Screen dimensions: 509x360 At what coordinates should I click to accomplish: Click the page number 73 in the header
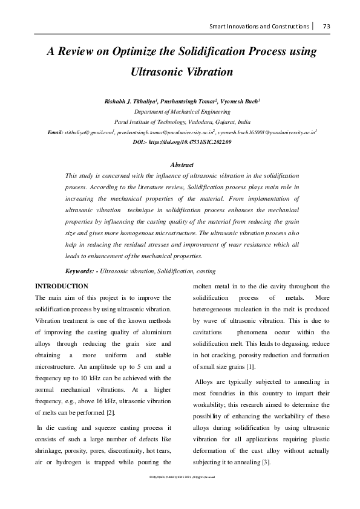click(326, 26)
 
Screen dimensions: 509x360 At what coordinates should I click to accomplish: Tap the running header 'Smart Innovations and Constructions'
click(260, 26)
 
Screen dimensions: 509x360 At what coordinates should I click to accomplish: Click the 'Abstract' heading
click(182, 164)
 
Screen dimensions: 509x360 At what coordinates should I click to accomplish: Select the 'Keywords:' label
click(81, 271)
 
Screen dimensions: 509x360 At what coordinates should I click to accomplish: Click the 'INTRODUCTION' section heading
click(62, 286)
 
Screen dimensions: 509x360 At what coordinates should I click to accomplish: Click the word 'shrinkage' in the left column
click(50, 452)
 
